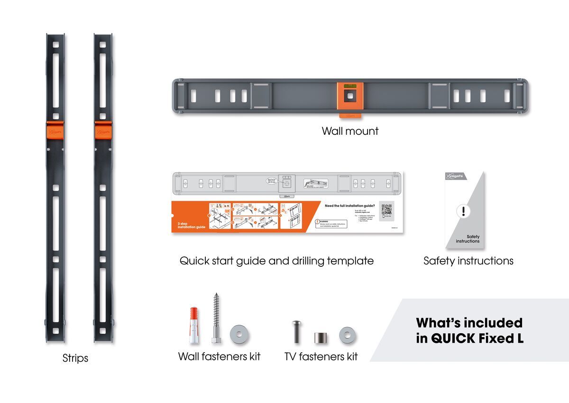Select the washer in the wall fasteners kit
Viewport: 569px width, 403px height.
[x=240, y=335]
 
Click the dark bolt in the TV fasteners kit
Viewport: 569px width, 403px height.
[x=296, y=332]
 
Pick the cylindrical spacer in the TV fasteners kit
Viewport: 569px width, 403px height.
[x=319, y=338]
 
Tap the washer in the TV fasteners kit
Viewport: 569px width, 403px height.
[x=347, y=335]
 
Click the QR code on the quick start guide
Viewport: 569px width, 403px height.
[x=386, y=209]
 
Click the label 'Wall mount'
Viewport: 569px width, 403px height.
[x=350, y=131]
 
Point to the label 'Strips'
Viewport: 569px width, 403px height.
[x=75, y=358]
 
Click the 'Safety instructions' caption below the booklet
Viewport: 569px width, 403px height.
[x=468, y=261]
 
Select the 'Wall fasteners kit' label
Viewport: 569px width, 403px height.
[x=219, y=356]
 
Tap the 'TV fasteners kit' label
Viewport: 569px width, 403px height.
[x=321, y=356]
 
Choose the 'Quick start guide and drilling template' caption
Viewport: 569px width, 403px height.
[x=276, y=261]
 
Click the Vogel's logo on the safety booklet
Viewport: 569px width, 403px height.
[x=456, y=177]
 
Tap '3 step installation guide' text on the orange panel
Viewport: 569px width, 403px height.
[x=191, y=225]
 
